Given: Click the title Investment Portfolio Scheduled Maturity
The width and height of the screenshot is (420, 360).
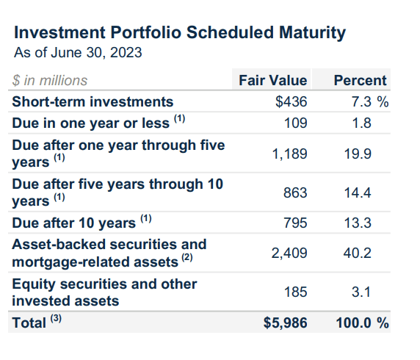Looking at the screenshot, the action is click(x=180, y=33).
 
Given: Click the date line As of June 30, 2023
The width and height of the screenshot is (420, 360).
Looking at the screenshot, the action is click(x=78, y=53).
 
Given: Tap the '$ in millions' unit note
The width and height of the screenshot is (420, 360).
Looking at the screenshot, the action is click(x=50, y=80).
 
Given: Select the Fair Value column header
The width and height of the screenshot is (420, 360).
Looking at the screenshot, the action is click(x=272, y=80).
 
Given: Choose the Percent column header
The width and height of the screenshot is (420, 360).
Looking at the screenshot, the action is click(x=360, y=80).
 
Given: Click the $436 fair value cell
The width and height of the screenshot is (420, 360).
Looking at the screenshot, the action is click(x=292, y=102).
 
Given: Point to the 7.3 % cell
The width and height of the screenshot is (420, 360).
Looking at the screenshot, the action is click(x=370, y=102).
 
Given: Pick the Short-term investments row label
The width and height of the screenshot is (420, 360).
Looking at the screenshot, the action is click(x=93, y=102).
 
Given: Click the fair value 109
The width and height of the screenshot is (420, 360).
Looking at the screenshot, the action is click(x=295, y=123).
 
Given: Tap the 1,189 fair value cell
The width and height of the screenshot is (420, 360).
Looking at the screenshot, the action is click(x=289, y=154).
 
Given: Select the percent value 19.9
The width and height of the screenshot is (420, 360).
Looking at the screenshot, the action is click(x=358, y=154).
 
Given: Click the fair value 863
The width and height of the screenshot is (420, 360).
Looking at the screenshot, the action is click(x=295, y=193).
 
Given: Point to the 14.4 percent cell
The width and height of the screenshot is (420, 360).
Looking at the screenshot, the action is click(x=358, y=193).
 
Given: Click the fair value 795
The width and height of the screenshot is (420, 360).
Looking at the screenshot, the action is click(x=295, y=223).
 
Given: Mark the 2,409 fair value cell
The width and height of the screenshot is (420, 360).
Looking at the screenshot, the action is click(x=289, y=253).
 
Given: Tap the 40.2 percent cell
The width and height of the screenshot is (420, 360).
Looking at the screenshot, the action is click(x=358, y=253).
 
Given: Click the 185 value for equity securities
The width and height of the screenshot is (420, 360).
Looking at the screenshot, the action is click(x=295, y=292).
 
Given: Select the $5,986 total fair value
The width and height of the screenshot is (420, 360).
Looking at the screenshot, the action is click(x=286, y=323).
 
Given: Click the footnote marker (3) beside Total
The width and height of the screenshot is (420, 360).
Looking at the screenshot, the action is click(x=56, y=319).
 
